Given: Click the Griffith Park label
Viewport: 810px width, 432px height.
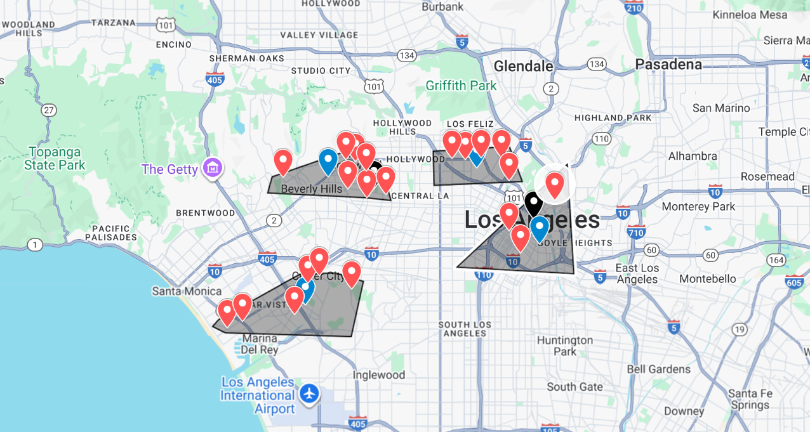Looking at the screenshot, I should [x=461, y=86].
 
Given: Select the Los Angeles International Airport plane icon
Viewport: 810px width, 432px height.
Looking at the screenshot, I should [x=310, y=393].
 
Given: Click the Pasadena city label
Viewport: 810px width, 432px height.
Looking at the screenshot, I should [x=668, y=65].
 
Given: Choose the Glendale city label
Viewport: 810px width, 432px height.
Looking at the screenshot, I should [x=523, y=66].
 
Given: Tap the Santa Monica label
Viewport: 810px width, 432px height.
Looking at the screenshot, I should [x=187, y=291].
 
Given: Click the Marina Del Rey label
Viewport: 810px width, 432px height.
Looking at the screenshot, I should [x=259, y=343].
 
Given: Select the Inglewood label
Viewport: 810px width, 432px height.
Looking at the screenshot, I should [x=379, y=375].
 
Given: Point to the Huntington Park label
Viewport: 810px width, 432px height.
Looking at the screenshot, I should [x=565, y=346].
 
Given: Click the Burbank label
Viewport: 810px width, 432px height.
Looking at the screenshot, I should [x=442, y=7].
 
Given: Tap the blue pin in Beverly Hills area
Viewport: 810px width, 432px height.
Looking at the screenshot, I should [x=328, y=160].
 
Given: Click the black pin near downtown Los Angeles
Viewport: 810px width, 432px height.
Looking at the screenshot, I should [x=533, y=204].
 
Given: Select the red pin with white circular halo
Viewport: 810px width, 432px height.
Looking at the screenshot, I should [x=555, y=183].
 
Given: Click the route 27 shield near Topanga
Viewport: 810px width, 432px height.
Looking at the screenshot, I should [x=49, y=110].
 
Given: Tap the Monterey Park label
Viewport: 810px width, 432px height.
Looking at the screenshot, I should [x=698, y=206].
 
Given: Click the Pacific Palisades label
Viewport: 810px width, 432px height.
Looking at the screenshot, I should [x=114, y=233].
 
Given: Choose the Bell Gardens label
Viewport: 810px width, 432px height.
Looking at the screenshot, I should [x=658, y=369].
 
